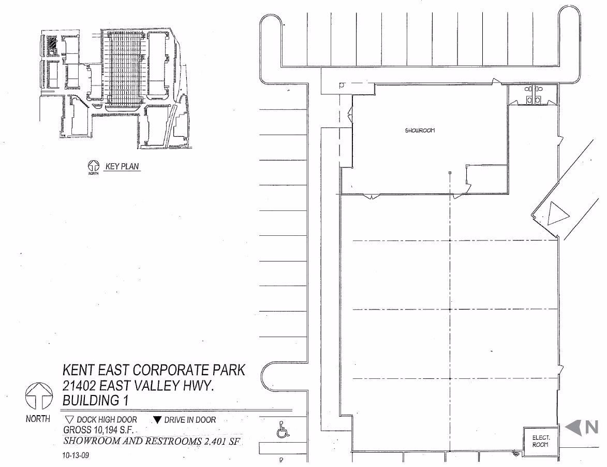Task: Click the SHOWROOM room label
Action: tap(420, 131)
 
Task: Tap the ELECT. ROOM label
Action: tap(540, 441)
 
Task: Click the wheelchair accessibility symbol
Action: tap(282, 430)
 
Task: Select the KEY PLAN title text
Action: tap(122, 166)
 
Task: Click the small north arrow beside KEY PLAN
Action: tap(94, 166)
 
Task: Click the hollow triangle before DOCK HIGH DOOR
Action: tap(69, 420)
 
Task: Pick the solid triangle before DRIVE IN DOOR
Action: tap(157, 420)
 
